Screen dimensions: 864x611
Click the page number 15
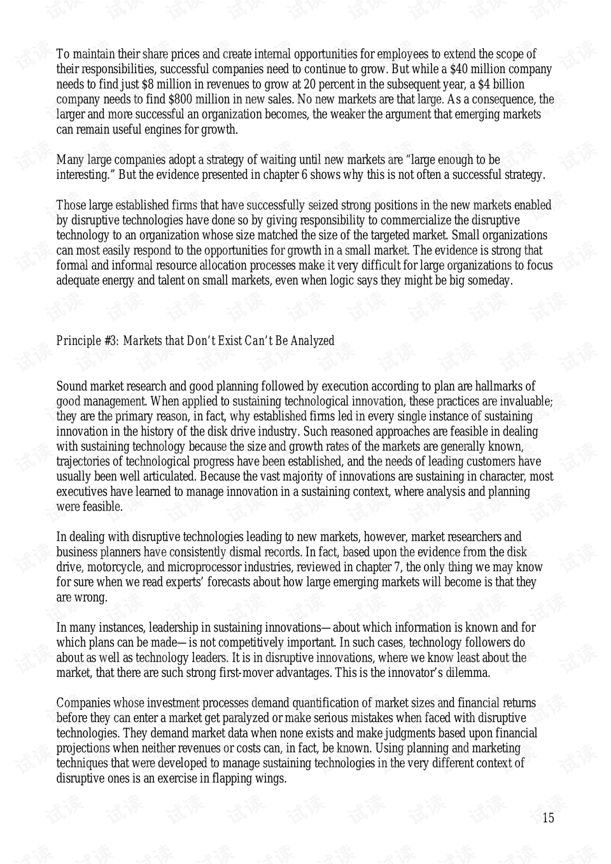tap(548, 818)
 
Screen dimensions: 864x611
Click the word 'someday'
tap(489, 281)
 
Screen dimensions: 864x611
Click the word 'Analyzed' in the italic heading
tap(311, 341)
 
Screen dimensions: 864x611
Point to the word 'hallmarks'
tap(500, 386)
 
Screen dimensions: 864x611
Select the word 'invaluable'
tap(526, 402)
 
